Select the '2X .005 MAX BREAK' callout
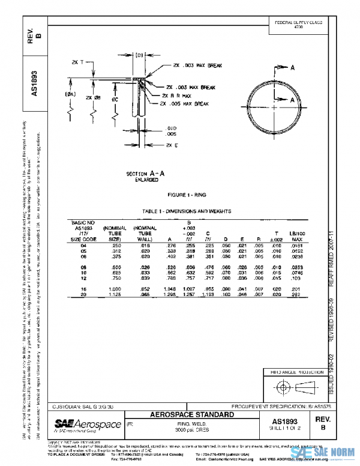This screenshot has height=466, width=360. click(184, 104)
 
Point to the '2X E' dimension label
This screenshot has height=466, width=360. click(172, 145)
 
